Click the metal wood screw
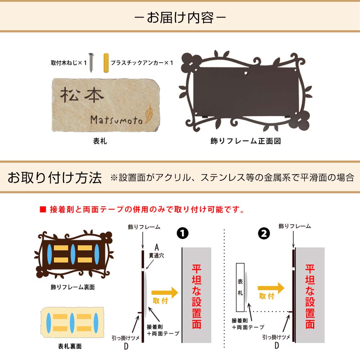[91, 62]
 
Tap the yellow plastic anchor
[106, 63]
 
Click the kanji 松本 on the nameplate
[82, 95]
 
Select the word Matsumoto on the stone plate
[116, 120]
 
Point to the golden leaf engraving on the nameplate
[148, 114]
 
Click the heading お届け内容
[180, 18]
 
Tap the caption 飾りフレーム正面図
[246, 141]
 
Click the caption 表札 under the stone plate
[100, 141]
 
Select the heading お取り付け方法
[55, 177]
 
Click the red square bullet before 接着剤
[43, 210]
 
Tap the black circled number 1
[183, 233]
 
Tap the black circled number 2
[264, 234]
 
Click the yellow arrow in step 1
[165, 292]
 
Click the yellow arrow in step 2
[271, 288]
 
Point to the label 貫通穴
[156, 256]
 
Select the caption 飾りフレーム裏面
[73, 287]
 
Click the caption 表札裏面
[70, 346]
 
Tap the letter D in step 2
[276, 345]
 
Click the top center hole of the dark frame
[246, 73]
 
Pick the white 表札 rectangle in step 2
[240, 287]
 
